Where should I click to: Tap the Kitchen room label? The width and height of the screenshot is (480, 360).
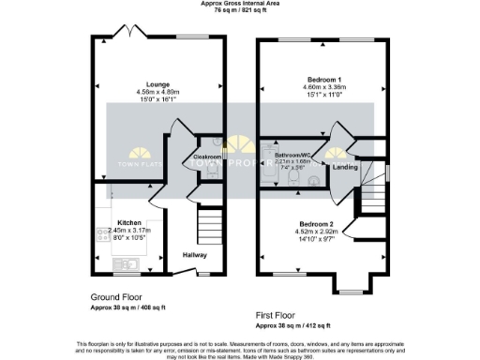pos(129,223)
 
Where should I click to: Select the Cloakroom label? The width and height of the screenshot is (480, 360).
pos(206,157)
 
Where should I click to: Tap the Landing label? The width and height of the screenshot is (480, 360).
pos(346,168)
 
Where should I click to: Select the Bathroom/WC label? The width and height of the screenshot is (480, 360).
pos(292,153)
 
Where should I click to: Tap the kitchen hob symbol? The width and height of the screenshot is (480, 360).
pos(100,236)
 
